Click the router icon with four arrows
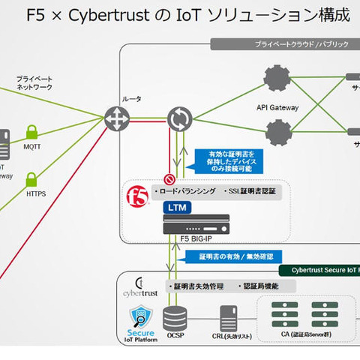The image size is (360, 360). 118,118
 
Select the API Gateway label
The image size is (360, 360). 277,107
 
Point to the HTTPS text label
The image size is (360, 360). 36,193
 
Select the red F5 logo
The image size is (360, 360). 139,197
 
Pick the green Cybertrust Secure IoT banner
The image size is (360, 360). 318,269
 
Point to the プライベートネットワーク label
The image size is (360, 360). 34,82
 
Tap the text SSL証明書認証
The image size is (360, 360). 250,191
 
